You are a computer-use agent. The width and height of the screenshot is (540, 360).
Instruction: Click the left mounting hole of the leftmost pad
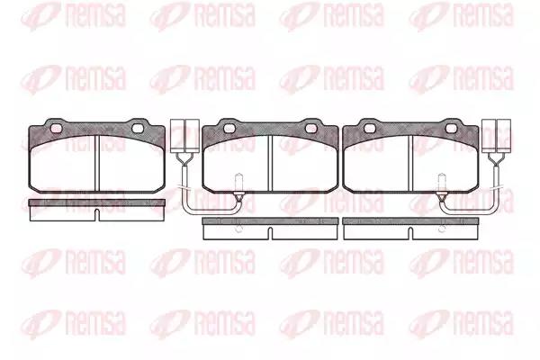tap(56, 129)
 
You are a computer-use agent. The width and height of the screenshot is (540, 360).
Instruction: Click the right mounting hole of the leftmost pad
tap(138, 129)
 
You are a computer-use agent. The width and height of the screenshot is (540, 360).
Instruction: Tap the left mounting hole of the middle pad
tap(229, 129)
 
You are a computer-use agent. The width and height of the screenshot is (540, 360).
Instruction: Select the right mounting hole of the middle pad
tap(311, 129)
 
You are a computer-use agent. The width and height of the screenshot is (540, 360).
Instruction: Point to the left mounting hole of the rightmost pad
tap(370, 129)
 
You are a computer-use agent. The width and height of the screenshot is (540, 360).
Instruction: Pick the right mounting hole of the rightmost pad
tap(452, 129)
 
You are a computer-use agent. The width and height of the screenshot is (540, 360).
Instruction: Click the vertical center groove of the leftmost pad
tap(97, 163)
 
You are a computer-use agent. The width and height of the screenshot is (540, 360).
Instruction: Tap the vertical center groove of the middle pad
tap(270, 163)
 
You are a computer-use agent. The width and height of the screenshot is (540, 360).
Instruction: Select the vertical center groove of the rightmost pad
tap(410, 163)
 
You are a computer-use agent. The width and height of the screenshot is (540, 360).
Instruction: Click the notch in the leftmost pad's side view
tap(97, 215)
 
